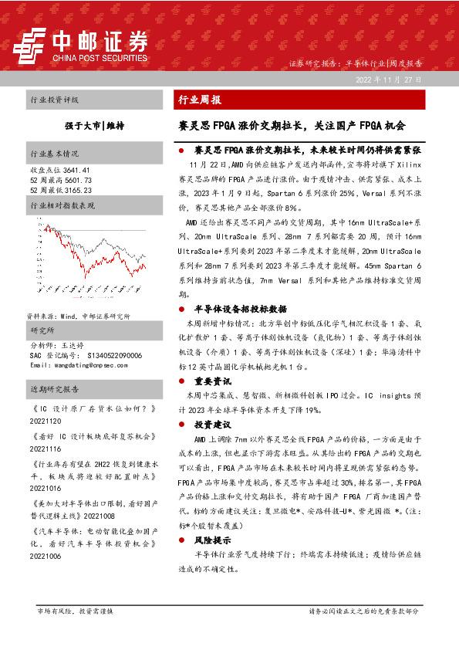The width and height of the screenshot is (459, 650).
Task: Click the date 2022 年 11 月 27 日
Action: click(x=388, y=80)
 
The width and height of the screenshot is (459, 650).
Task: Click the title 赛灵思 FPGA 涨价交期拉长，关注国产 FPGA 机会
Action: click(x=292, y=124)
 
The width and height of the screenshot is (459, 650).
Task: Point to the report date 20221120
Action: click(x=46, y=421)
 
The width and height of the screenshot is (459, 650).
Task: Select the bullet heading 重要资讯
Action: click(x=212, y=381)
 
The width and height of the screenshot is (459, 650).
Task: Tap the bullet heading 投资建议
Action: click(x=212, y=425)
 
